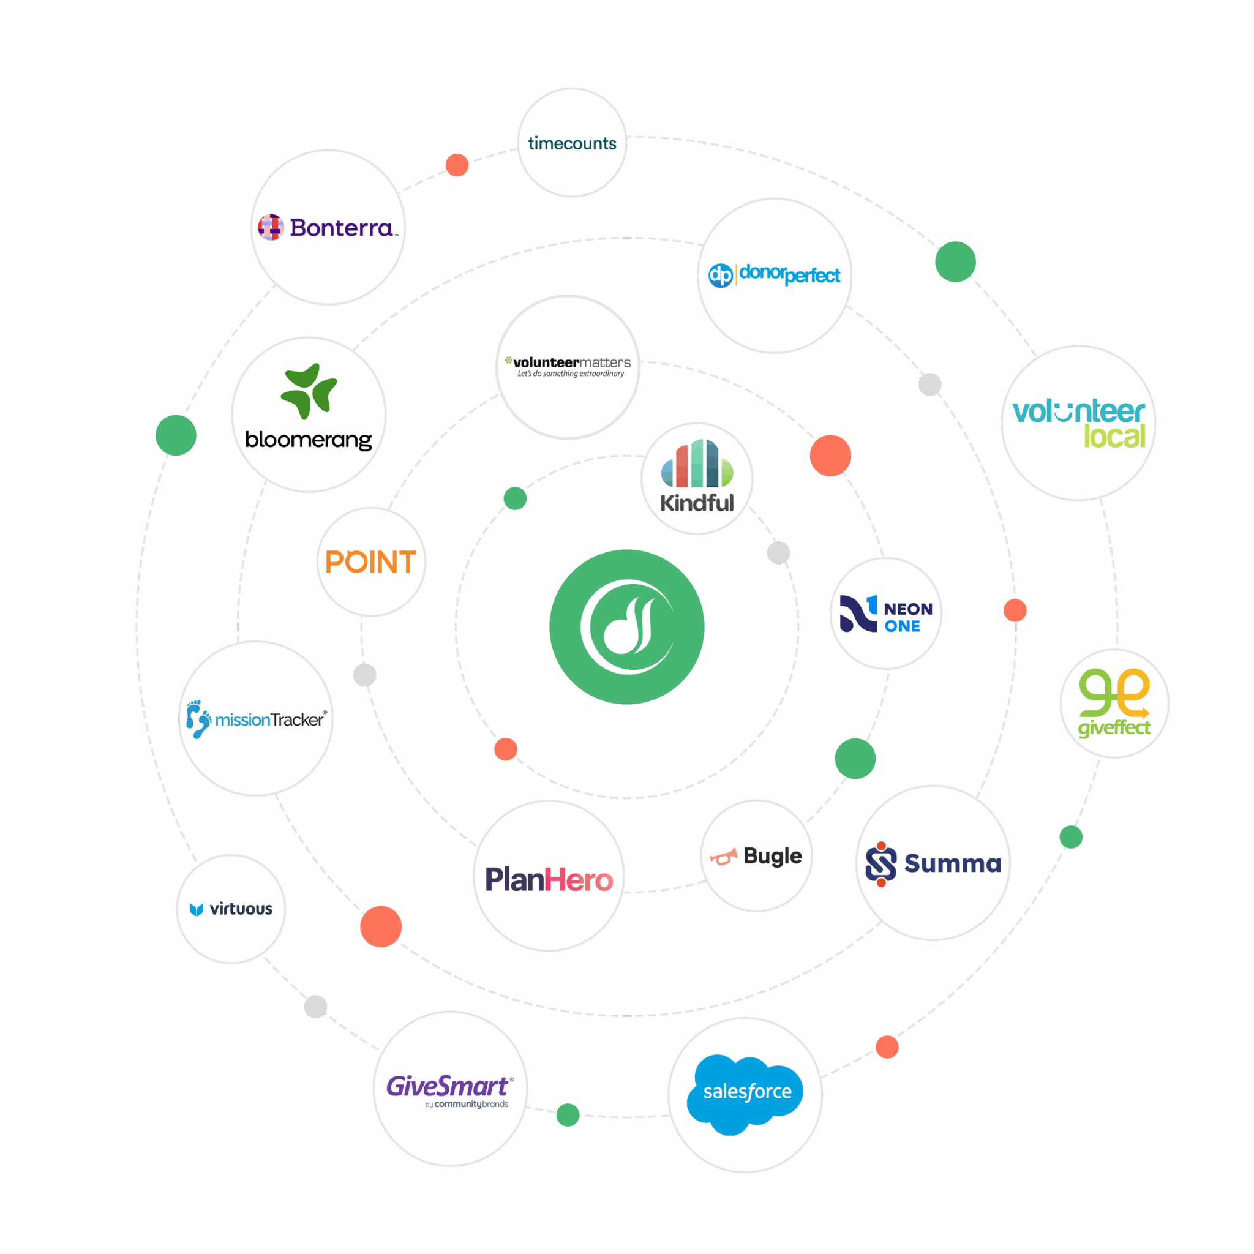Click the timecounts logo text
coord(572,143)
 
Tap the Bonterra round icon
coord(271,227)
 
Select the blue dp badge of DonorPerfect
coord(721,275)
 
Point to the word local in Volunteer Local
coord(1114,436)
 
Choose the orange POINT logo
coord(370,562)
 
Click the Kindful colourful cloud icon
coord(697,464)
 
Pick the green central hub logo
coord(627,627)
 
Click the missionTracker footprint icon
coord(198,719)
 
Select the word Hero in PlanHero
coord(579,880)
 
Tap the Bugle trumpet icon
coord(723,857)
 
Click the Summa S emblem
coord(880,864)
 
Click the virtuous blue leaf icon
coord(196,909)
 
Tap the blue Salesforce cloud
coord(745,1094)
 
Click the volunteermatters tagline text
coord(571,374)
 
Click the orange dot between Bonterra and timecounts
coord(457,165)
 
